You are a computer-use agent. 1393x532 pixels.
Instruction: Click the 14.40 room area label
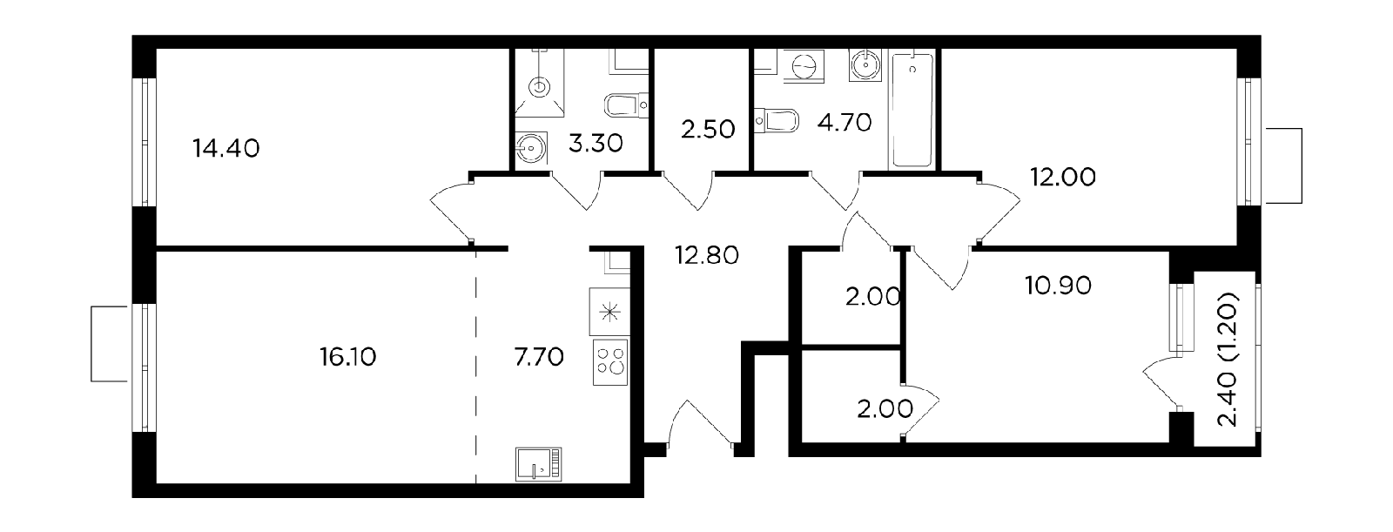225,149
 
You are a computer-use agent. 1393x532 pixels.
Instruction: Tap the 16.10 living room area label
347,358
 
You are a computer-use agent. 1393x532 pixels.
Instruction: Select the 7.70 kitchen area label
539,357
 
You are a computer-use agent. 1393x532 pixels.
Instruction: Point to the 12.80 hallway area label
707,255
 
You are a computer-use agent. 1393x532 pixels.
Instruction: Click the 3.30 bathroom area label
596,144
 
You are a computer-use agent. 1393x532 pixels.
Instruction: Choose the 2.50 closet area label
708,130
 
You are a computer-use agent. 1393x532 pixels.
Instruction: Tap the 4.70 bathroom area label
844,123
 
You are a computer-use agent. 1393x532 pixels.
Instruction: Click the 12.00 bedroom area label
1063,178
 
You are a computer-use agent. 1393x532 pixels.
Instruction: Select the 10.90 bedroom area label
1059,286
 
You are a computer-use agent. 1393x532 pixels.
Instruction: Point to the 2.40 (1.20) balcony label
1228,359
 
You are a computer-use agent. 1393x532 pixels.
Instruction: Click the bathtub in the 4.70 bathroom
912,110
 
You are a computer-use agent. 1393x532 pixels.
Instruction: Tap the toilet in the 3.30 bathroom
626,105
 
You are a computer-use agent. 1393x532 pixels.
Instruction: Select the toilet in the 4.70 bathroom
777,121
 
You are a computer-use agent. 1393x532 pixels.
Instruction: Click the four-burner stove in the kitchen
610,363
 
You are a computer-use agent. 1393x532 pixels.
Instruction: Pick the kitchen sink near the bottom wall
539,464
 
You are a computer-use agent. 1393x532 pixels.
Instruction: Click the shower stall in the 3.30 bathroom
540,83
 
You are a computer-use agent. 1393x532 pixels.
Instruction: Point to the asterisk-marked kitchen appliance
610,312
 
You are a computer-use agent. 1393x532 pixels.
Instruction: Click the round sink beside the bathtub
865,64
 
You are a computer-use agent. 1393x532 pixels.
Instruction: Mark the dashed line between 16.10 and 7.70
476,367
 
